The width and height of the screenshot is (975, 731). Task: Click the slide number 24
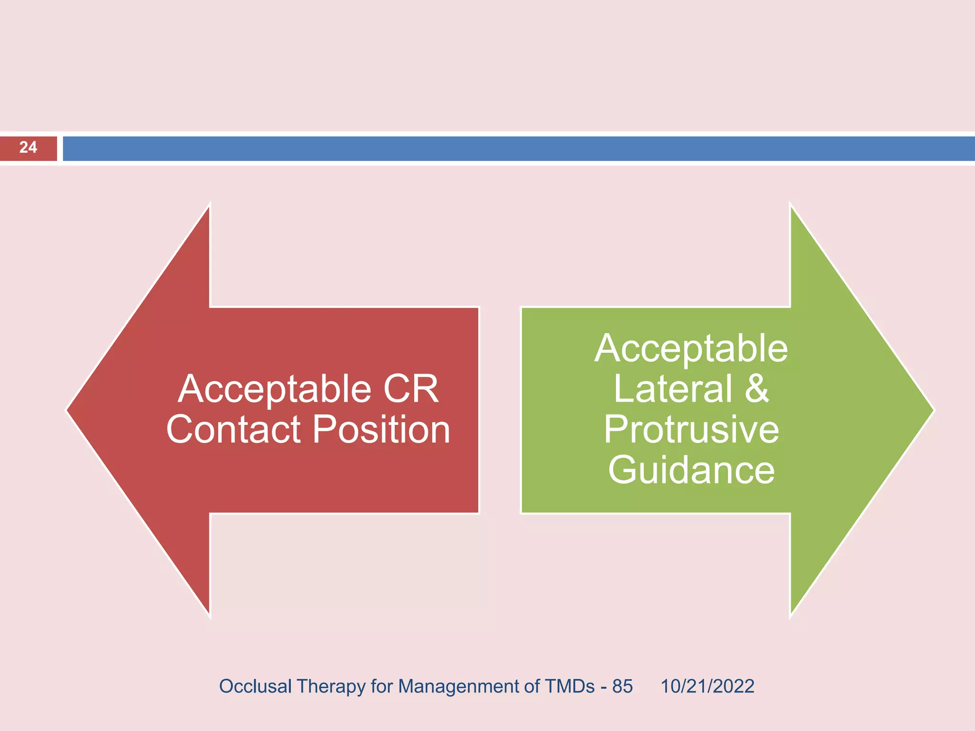coord(28,148)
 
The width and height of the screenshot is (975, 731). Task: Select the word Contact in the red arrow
coord(233,430)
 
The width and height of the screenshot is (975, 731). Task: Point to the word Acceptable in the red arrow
coord(274,389)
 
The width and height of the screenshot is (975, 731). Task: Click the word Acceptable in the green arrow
coord(691,348)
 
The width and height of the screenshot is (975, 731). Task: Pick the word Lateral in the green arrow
coord(673,389)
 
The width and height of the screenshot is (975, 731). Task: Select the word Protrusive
coord(691,430)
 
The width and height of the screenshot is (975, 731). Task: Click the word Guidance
coord(691,470)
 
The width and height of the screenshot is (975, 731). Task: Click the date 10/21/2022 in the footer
coord(707,686)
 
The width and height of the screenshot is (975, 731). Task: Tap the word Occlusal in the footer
coord(255,686)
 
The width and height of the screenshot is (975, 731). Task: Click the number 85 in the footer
coord(622,686)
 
